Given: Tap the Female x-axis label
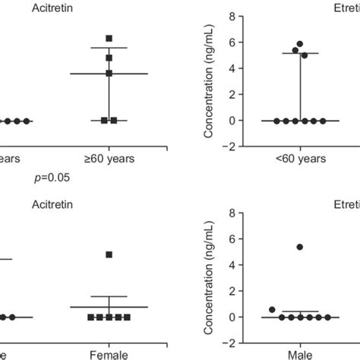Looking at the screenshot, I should (109, 353).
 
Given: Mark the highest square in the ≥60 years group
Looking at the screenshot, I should (109, 38).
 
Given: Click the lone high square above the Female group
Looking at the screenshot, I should (109, 254).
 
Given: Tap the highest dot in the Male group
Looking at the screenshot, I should (299, 247).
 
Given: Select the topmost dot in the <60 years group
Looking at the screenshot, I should (300, 44).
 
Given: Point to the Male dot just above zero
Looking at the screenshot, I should (273, 309).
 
